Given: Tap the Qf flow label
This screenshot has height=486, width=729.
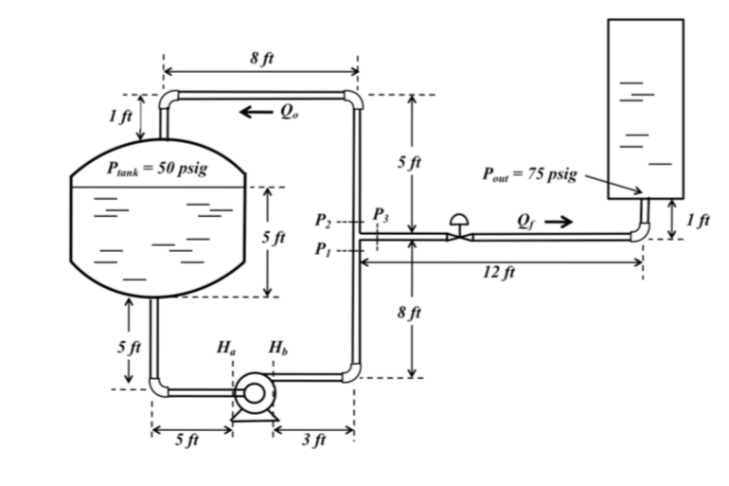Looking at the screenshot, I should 525,222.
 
